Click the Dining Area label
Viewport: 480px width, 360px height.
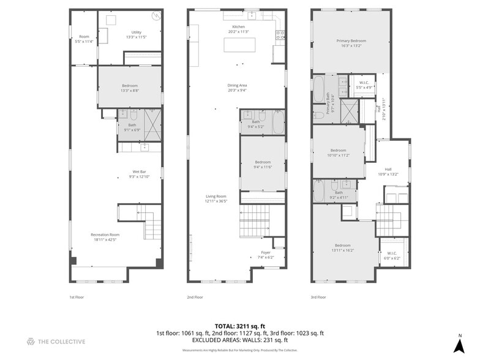pyautogui.click(x=237, y=88)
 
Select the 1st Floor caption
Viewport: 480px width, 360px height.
pyautogui.click(x=77, y=297)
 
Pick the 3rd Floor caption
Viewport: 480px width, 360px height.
pyautogui.click(x=318, y=297)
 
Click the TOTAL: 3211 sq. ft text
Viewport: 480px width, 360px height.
pyautogui.click(x=240, y=326)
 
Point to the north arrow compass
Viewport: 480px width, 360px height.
pyautogui.click(x=459, y=344)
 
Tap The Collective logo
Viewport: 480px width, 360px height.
pyautogui.click(x=56, y=341)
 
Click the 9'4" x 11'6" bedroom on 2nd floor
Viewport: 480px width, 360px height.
pyautogui.click(x=262, y=164)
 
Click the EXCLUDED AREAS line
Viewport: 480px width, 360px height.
pyautogui.click(x=240, y=340)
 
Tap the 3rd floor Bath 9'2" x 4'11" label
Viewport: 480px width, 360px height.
pyautogui.click(x=339, y=195)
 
